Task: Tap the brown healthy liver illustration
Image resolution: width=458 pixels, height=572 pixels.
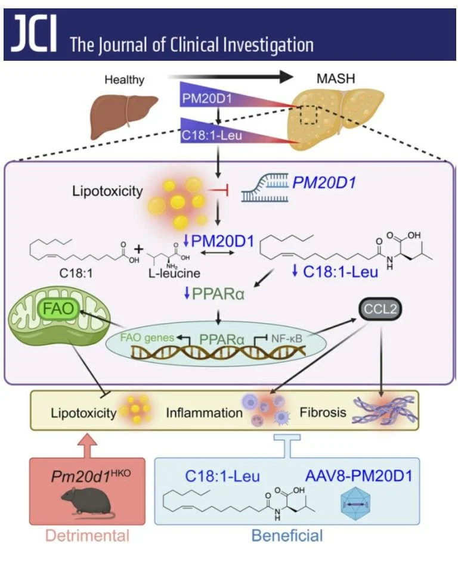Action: pyautogui.click(x=123, y=115)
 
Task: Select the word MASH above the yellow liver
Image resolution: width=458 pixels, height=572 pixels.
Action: pyautogui.click(x=335, y=79)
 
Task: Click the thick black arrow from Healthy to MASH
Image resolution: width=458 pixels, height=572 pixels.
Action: pyautogui.click(x=230, y=77)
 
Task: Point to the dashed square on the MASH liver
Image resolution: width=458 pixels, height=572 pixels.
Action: pyautogui.click(x=309, y=115)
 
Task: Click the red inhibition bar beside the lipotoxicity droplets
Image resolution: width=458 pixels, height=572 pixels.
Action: pyautogui.click(x=218, y=190)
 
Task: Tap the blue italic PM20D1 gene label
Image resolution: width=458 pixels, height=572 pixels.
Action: pyautogui.click(x=324, y=182)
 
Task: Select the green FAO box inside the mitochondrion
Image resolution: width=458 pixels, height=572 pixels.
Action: pyautogui.click(x=58, y=309)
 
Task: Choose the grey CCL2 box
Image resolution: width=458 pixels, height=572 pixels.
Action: pyautogui.click(x=380, y=309)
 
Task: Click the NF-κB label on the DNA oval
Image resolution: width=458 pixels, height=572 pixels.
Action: pyautogui.click(x=287, y=339)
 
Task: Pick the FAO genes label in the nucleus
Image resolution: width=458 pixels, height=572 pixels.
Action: pyautogui.click(x=147, y=337)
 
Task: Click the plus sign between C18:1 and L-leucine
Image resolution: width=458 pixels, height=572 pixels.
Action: pyautogui.click(x=138, y=249)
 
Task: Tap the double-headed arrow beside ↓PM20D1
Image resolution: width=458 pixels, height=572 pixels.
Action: pyautogui.click(x=218, y=253)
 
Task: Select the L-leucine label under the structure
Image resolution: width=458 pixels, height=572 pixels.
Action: pyautogui.click(x=174, y=273)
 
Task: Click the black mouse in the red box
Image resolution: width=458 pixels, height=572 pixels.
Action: pyautogui.click(x=86, y=503)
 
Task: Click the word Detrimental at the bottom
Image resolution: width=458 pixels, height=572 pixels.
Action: pyautogui.click(x=87, y=536)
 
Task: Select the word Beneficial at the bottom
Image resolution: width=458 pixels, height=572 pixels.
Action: pyautogui.click(x=287, y=536)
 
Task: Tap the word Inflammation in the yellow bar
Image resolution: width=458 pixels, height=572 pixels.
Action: pyautogui.click(x=204, y=412)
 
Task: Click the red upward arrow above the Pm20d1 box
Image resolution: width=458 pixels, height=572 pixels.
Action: pyautogui.click(x=88, y=446)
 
